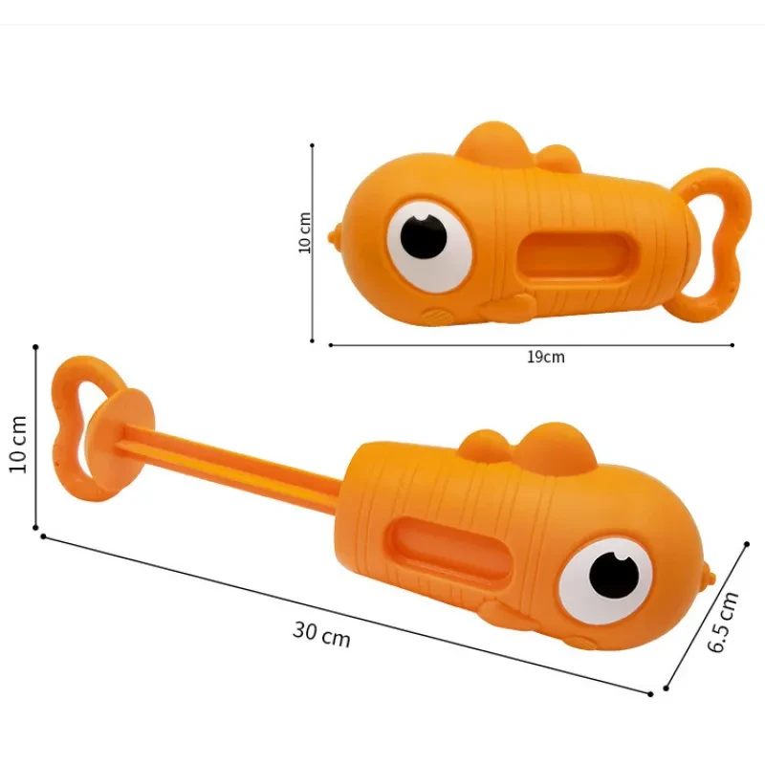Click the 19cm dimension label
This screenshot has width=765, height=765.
[546, 357]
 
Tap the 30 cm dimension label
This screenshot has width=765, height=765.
[321, 634]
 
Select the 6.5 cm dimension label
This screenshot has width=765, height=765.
[723, 623]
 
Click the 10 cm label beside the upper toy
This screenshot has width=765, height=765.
[304, 232]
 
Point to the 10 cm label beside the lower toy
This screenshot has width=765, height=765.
[17, 444]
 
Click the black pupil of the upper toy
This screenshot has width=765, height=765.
[424, 235]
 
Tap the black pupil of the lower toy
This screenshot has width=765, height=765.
[614, 577]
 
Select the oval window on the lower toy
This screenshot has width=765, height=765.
[448, 546]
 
